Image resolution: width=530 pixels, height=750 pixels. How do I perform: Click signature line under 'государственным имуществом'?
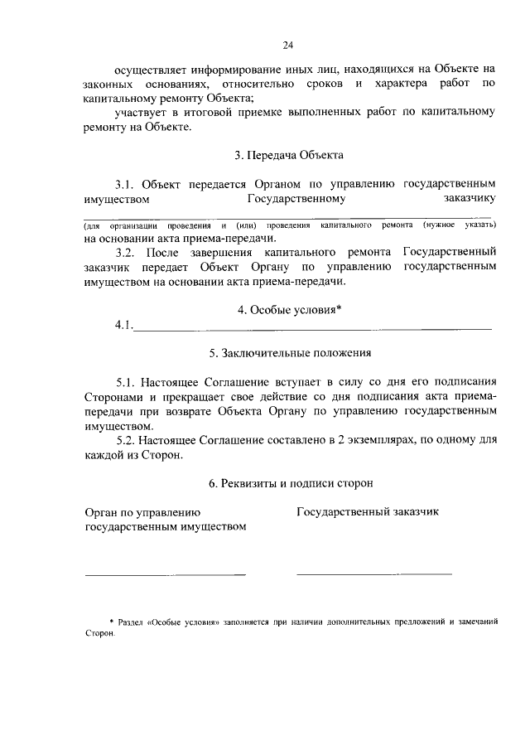point(165,573)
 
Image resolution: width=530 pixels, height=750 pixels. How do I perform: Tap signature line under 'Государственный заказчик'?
point(374,573)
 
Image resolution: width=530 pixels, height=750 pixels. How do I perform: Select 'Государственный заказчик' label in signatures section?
point(368,511)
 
